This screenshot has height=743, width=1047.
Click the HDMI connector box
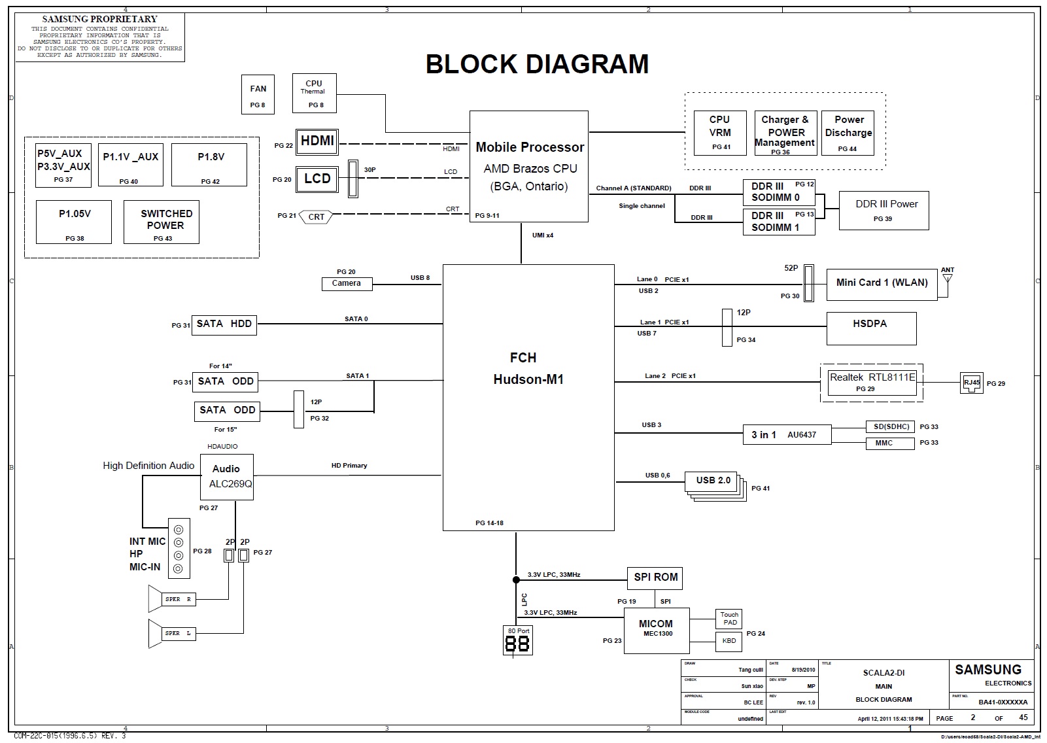(317, 141)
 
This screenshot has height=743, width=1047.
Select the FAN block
(258, 95)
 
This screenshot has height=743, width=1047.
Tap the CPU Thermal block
(315, 93)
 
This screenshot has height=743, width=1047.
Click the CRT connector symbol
(317, 217)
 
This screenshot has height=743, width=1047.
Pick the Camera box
(347, 283)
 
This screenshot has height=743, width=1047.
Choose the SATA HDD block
(224, 324)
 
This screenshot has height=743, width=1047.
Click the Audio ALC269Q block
(226, 477)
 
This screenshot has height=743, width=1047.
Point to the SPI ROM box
(655, 578)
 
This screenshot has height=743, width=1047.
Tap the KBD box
(729, 641)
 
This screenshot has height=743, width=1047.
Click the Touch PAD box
(729, 619)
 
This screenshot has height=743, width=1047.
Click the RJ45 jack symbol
(972, 383)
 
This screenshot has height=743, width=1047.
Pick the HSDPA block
(871, 328)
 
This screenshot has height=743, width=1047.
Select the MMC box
(884, 443)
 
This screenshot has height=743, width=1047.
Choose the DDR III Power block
(884, 211)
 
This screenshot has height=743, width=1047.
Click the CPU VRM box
(720, 133)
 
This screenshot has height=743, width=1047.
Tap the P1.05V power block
(74, 222)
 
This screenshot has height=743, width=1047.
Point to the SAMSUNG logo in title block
(988, 670)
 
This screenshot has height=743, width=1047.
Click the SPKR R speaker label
(179, 599)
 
